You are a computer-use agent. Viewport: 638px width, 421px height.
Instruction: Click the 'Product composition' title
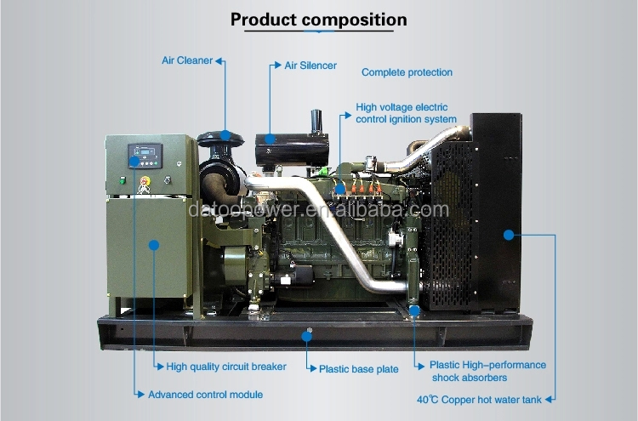pyautogui.click(x=319, y=20)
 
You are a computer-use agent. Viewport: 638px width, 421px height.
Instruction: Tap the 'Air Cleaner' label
pyautogui.click(x=187, y=60)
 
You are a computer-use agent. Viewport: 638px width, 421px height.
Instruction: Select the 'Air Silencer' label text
pyautogui.click(x=310, y=65)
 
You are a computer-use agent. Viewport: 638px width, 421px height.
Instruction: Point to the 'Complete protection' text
pyautogui.click(x=407, y=72)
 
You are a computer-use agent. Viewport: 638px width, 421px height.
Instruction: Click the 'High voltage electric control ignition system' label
pyautogui.click(x=406, y=113)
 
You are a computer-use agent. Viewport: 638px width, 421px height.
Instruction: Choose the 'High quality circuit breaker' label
pyautogui.click(x=226, y=367)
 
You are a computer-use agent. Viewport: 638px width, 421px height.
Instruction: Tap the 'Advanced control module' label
pyautogui.click(x=206, y=395)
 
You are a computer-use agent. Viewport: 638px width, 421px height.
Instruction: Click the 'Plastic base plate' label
pyautogui.click(x=359, y=369)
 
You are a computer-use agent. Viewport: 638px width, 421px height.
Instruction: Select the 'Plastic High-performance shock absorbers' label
pyautogui.click(x=488, y=372)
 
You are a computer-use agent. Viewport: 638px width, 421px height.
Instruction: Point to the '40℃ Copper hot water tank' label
pyautogui.click(x=479, y=400)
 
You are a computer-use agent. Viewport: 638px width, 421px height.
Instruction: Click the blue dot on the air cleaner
pyautogui.click(x=225, y=135)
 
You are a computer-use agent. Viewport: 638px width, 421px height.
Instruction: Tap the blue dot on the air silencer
pyautogui.click(x=270, y=139)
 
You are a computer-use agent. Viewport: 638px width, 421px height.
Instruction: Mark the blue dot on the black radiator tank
pyautogui.click(x=509, y=235)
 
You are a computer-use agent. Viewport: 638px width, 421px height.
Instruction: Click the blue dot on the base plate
pyautogui.click(x=307, y=337)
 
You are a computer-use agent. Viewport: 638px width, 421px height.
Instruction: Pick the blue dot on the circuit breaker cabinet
pyautogui.click(x=154, y=245)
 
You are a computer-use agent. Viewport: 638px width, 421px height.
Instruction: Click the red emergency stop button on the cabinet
pyautogui.click(x=145, y=180)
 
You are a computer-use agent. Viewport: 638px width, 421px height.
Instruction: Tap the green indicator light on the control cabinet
pyautogui.click(x=122, y=179)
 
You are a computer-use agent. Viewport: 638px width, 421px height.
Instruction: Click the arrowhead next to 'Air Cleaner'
pyautogui.click(x=219, y=61)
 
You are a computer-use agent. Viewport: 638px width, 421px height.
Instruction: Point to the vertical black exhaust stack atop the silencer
pyautogui.click(x=316, y=122)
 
